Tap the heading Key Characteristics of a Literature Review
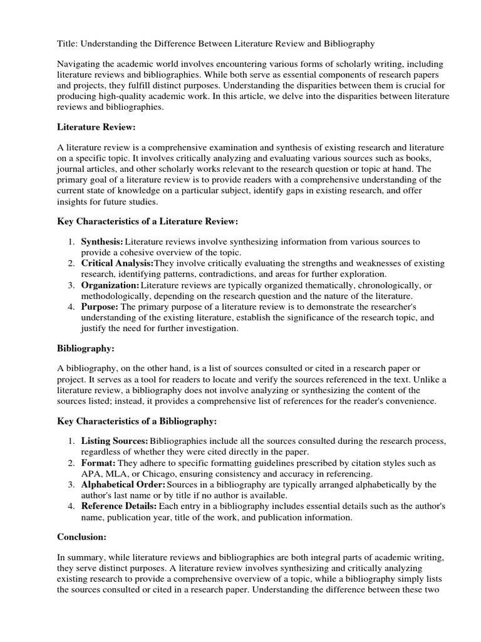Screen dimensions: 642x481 click(148, 221)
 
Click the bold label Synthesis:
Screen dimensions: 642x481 click(102, 241)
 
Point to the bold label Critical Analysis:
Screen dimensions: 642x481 click(117, 263)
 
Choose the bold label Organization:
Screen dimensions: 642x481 click(110, 285)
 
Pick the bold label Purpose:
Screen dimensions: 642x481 click(100, 307)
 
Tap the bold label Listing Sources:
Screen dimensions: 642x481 click(115, 441)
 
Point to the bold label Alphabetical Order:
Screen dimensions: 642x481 click(123, 485)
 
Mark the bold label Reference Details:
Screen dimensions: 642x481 click(119, 506)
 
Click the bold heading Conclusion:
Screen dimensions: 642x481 click(83, 536)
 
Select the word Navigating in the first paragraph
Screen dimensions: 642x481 click(78, 65)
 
